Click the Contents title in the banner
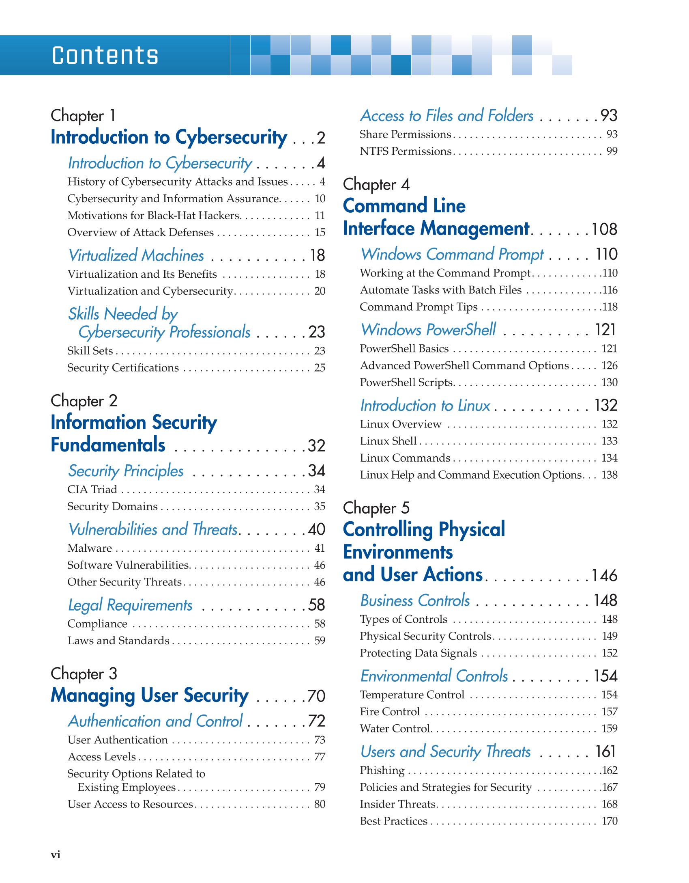(x=105, y=56)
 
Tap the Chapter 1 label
(x=83, y=116)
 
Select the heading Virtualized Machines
(x=136, y=255)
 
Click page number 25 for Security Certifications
(x=320, y=368)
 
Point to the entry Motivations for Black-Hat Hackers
(x=154, y=216)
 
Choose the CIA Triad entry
(x=92, y=490)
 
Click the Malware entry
(x=90, y=548)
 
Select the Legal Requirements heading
(x=130, y=605)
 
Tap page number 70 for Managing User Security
(x=316, y=696)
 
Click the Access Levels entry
(x=102, y=757)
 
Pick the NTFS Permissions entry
(x=405, y=151)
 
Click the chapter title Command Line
(x=404, y=206)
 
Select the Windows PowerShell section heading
(x=428, y=330)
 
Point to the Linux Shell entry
(x=388, y=441)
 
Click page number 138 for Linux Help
(x=609, y=475)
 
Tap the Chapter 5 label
(x=376, y=508)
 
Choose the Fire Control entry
(x=390, y=712)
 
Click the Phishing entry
(x=382, y=771)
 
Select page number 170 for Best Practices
(x=609, y=821)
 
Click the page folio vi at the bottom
(x=56, y=855)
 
